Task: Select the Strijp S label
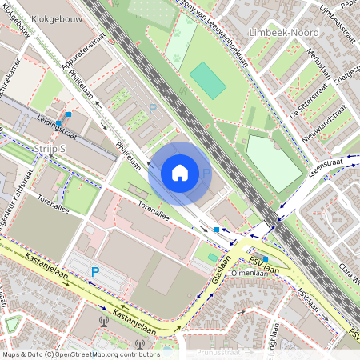(x=50, y=149)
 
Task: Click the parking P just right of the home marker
(x=206, y=173)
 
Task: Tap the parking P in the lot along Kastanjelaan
(x=94, y=272)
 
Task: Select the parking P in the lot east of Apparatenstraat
(x=154, y=106)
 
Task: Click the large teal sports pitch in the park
(x=208, y=80)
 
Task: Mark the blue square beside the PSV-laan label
(x=265, y=258)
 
